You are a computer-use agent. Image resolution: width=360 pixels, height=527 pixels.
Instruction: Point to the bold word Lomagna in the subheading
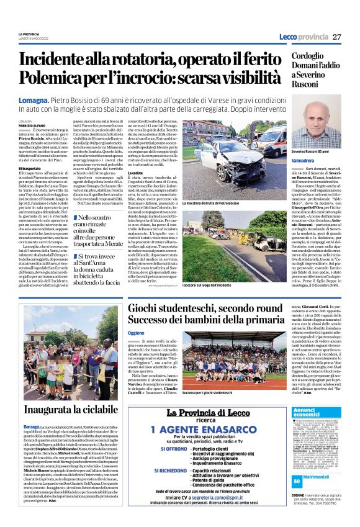[36, 99]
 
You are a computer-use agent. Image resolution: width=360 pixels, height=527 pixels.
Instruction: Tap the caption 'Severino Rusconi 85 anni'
[315, 152]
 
